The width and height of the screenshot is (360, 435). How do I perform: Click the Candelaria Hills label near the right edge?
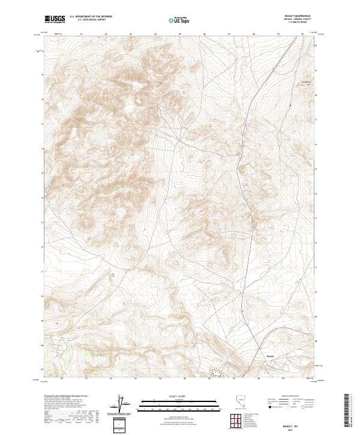point(307,82)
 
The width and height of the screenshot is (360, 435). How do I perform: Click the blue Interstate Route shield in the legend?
point(269,407)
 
